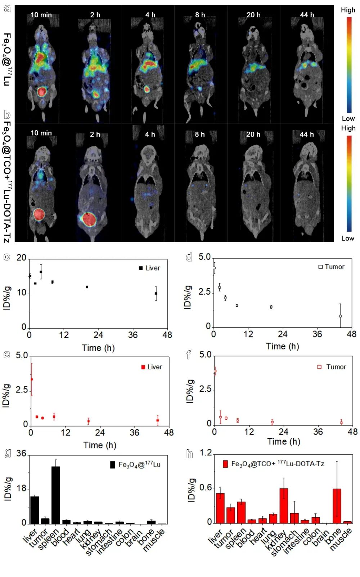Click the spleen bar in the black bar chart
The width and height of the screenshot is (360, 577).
coord(55,495)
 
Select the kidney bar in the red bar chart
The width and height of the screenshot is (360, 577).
coord(284,505)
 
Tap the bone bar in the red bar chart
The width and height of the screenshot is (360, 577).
coord(337,505)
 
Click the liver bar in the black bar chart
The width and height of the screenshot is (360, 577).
coord(35,510)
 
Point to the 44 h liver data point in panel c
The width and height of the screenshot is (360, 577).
coord(156,294)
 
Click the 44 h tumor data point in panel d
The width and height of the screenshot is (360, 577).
coord(340,316)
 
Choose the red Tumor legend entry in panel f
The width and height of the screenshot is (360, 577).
coord(332,367)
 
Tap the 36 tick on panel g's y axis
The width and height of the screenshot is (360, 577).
coord(22,454)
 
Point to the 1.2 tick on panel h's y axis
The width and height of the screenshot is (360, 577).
coord(206,453)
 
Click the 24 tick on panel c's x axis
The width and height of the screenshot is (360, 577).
coord(98,335)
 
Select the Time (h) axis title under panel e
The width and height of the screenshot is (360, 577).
coord(100,445)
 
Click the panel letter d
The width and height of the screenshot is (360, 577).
coord(189,257)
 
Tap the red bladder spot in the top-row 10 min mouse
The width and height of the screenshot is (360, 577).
coord(42,91)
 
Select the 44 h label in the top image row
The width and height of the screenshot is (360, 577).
coord(307,15)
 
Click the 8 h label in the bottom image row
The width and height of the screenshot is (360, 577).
coord(200,134)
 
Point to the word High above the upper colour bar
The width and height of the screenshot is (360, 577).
coord(348,10)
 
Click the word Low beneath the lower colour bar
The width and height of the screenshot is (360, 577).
coord(347,238)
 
